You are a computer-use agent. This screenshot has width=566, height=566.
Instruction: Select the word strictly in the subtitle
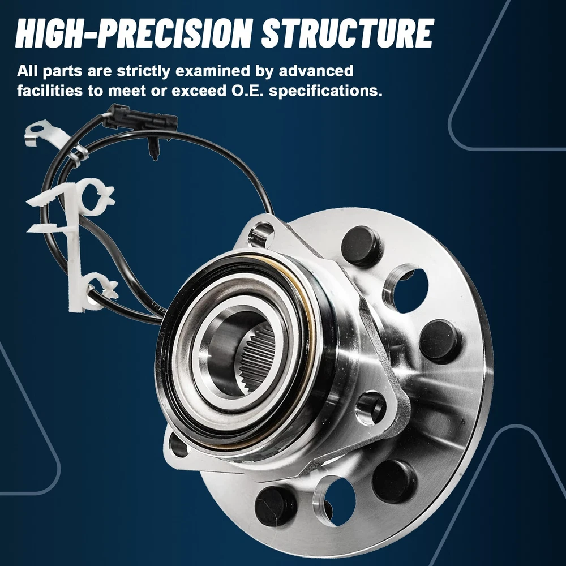(144, 72)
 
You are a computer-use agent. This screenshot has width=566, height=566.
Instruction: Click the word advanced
(316, 71)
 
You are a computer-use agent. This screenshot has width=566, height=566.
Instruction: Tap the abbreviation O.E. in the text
(247, 91)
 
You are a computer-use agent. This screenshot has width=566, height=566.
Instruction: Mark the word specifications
(325, 92)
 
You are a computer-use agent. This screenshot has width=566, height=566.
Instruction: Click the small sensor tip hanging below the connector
(153, 149)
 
